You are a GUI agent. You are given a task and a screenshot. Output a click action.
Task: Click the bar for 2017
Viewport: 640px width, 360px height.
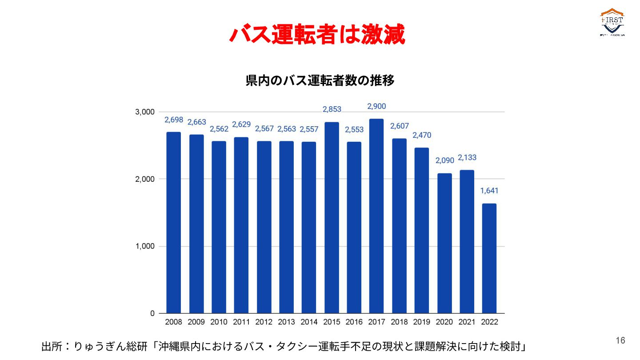click(376, 216)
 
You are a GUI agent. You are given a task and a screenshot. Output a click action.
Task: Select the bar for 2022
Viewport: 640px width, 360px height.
click(489, 258)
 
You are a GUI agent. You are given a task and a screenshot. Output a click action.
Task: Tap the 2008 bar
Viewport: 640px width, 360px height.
click(174, 223)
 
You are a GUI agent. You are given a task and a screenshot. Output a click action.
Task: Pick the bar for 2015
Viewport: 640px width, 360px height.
click(332, 218)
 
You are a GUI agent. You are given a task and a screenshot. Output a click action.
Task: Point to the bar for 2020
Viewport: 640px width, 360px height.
click(444, 243)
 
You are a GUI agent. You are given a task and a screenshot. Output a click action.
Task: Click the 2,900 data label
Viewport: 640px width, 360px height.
click(376, 106)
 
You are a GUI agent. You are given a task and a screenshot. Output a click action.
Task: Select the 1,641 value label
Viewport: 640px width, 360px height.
click(489, 191)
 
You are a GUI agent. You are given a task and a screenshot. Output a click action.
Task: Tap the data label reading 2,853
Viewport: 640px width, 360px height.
click(332, 109)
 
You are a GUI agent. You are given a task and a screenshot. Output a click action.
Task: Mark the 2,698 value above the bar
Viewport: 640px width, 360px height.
click(174, 120)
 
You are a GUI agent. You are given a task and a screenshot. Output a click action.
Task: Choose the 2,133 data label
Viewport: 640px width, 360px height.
click(467, 157)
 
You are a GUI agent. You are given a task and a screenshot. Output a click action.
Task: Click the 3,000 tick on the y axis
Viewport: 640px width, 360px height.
click(145, 112)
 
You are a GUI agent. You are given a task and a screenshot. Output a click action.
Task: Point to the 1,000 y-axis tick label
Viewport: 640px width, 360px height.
click(145, 246)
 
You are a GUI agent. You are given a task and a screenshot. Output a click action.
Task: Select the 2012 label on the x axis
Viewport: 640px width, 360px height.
click(264, 322)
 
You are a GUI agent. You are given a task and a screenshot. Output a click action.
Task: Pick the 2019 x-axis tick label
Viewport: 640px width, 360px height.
click(422, 322)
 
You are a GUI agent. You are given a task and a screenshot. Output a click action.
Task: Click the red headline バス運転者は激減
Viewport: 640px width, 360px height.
click(317, 34)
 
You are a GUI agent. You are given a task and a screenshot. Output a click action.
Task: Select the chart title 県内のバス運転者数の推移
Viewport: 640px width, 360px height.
click(320, 81)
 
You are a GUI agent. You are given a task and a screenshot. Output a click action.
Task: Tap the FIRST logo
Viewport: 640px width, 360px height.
click(612, 22)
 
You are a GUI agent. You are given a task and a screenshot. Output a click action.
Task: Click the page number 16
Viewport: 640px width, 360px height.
click(620, 340)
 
